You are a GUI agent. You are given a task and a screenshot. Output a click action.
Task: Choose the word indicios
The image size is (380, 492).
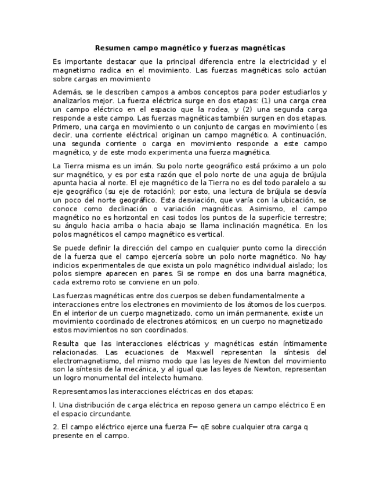pyautogui.click(x=67, y=265)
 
